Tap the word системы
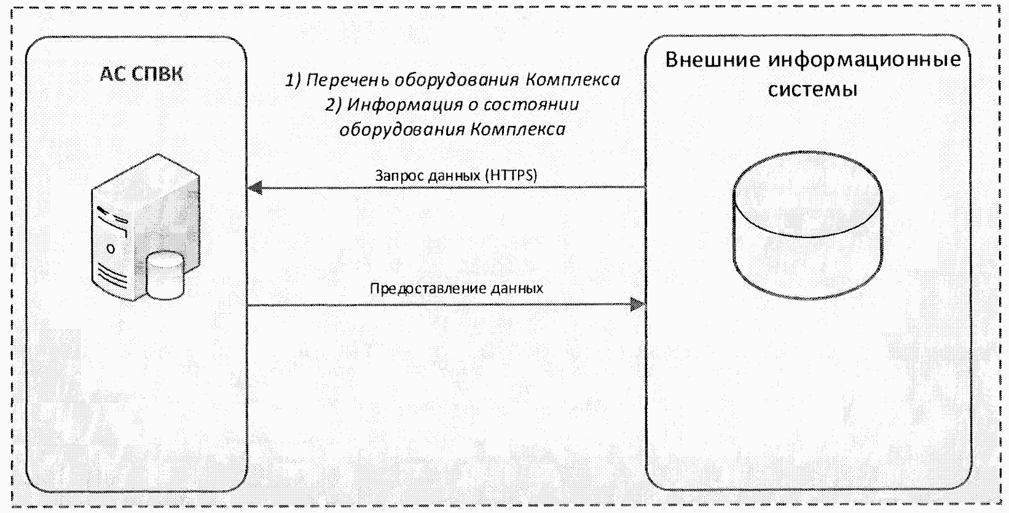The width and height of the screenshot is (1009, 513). pos(812,90)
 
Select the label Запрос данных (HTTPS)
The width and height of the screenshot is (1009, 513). pos(456,176)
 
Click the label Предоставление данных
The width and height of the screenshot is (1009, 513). pos(456,288)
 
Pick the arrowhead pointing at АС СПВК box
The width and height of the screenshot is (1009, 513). pos(254,188)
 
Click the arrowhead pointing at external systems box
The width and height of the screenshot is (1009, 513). pos(638,304)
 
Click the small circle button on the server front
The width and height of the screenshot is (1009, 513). pos(111,249)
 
